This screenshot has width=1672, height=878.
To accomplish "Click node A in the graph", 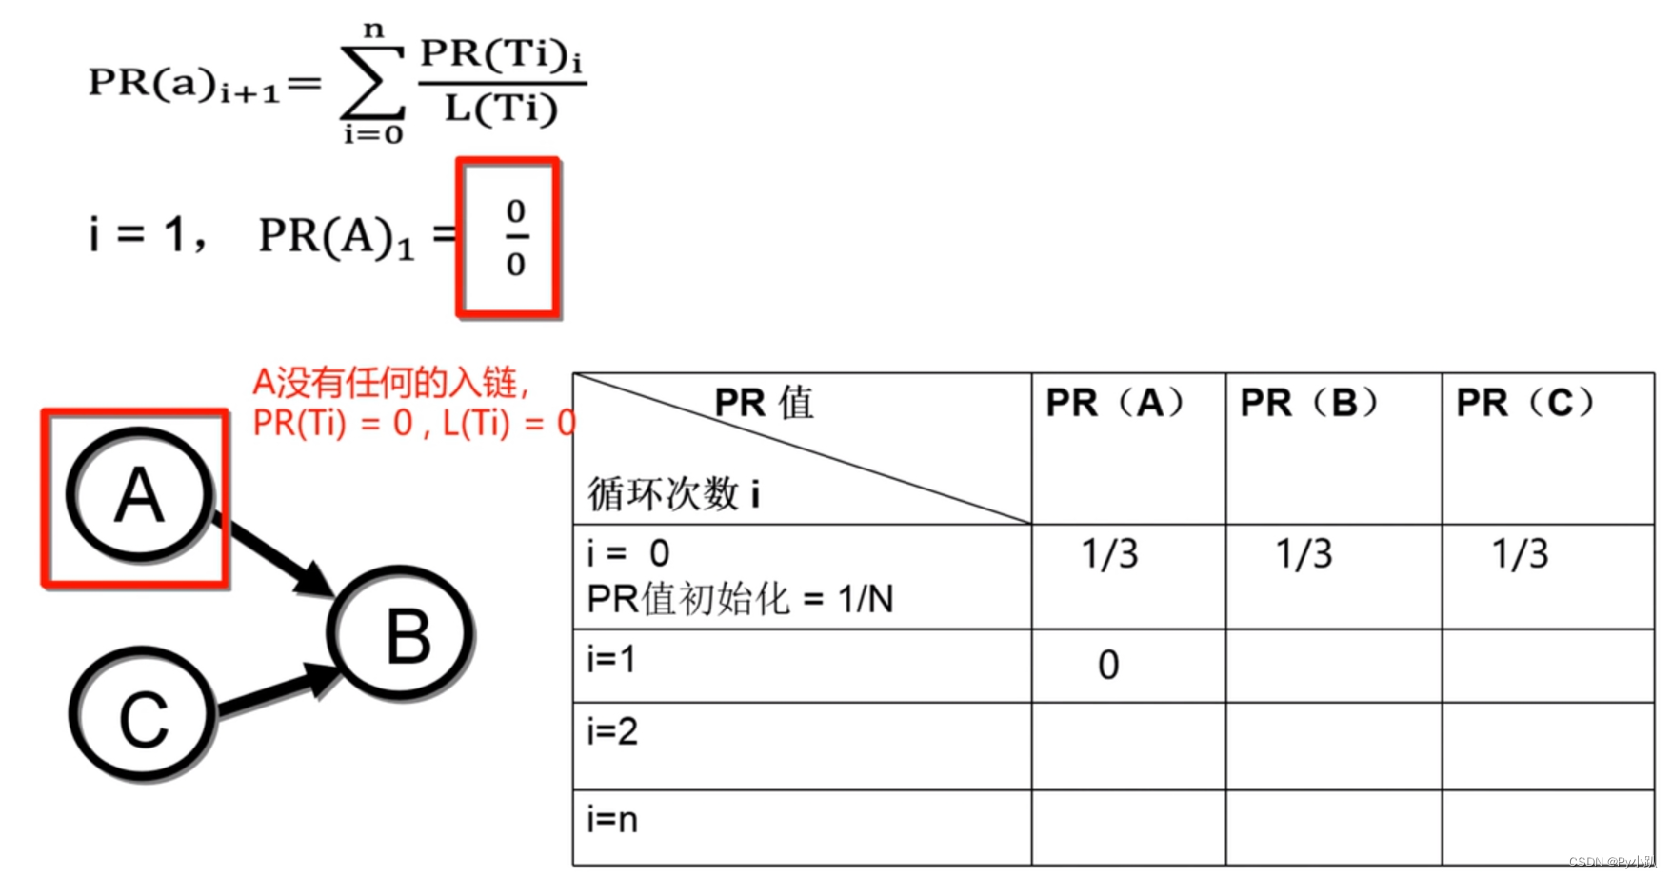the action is click(x=140, y=493).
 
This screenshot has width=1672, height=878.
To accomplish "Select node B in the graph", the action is click(x=401, y=632).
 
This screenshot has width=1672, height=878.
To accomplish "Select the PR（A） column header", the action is click(x=1115, y=403).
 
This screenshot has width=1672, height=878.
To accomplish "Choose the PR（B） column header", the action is click(x=1309, y=403).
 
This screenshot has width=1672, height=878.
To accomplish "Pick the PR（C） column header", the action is click(x=1525, y=403).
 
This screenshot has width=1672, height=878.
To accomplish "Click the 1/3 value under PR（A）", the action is click(x=1110, y=554).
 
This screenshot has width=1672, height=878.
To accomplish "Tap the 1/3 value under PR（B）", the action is click(x=1304, y=554).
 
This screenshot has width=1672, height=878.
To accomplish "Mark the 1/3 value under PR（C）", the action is click(x=1521, y=554).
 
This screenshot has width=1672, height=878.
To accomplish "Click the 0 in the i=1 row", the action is click(x=1108, y=666).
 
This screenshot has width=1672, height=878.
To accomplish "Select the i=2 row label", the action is click(x=612, y=731).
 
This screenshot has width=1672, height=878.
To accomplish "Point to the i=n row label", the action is click(x=612, y=819).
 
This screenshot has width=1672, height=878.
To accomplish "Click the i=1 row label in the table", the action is click(x=611, y=658).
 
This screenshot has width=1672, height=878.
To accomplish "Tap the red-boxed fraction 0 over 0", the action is click(x=516, y=237).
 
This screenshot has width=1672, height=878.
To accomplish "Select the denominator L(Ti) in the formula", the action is click(x=502, y=109).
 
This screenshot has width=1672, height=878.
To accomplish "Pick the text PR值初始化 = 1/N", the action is click(x=740, y=599).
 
